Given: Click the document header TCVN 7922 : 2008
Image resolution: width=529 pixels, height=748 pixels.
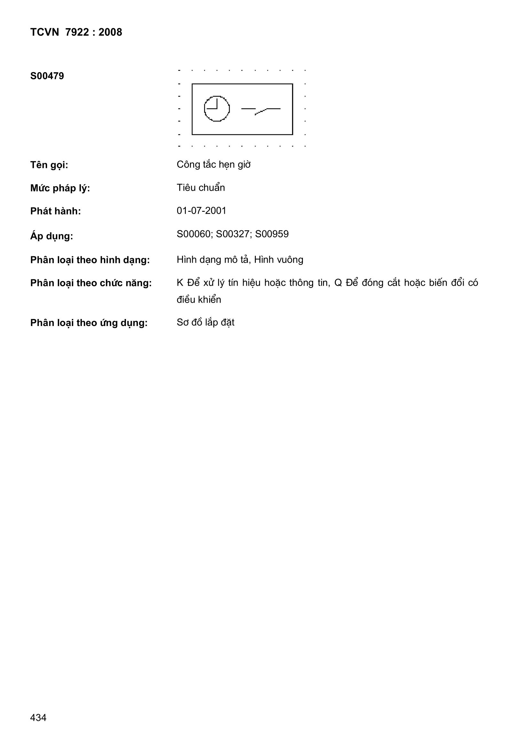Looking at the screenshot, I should point(76,32).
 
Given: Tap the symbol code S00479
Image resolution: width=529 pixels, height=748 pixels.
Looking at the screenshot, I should point(47,76).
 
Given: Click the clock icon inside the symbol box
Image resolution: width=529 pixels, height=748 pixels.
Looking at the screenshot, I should point(217,109).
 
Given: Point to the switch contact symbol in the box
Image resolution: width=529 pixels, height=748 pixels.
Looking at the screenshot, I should point(261,110).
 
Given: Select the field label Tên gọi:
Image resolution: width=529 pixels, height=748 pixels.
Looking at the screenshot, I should point(49,165).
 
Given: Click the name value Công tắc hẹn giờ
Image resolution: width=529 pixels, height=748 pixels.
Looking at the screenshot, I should point(214,165).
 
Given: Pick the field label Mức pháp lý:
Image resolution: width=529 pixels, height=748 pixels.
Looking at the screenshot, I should point(60,188).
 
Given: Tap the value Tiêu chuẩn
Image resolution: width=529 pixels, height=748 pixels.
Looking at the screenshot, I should point(201,188).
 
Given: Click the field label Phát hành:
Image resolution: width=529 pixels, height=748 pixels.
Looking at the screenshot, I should point(55,211).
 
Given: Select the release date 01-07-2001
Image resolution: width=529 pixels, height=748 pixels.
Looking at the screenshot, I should point(201,211).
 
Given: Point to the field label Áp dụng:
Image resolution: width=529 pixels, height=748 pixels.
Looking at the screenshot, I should point(51,236).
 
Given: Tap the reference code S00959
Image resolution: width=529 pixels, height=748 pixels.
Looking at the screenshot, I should point(272,234).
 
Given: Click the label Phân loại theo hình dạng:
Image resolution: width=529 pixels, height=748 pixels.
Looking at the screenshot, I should point(90,260).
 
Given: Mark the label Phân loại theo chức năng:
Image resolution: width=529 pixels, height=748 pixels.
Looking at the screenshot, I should point(91,283).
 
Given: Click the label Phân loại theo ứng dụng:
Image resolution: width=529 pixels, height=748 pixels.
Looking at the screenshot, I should point(89,323).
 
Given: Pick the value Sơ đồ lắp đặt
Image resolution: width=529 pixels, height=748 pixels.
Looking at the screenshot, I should point(206,322).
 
